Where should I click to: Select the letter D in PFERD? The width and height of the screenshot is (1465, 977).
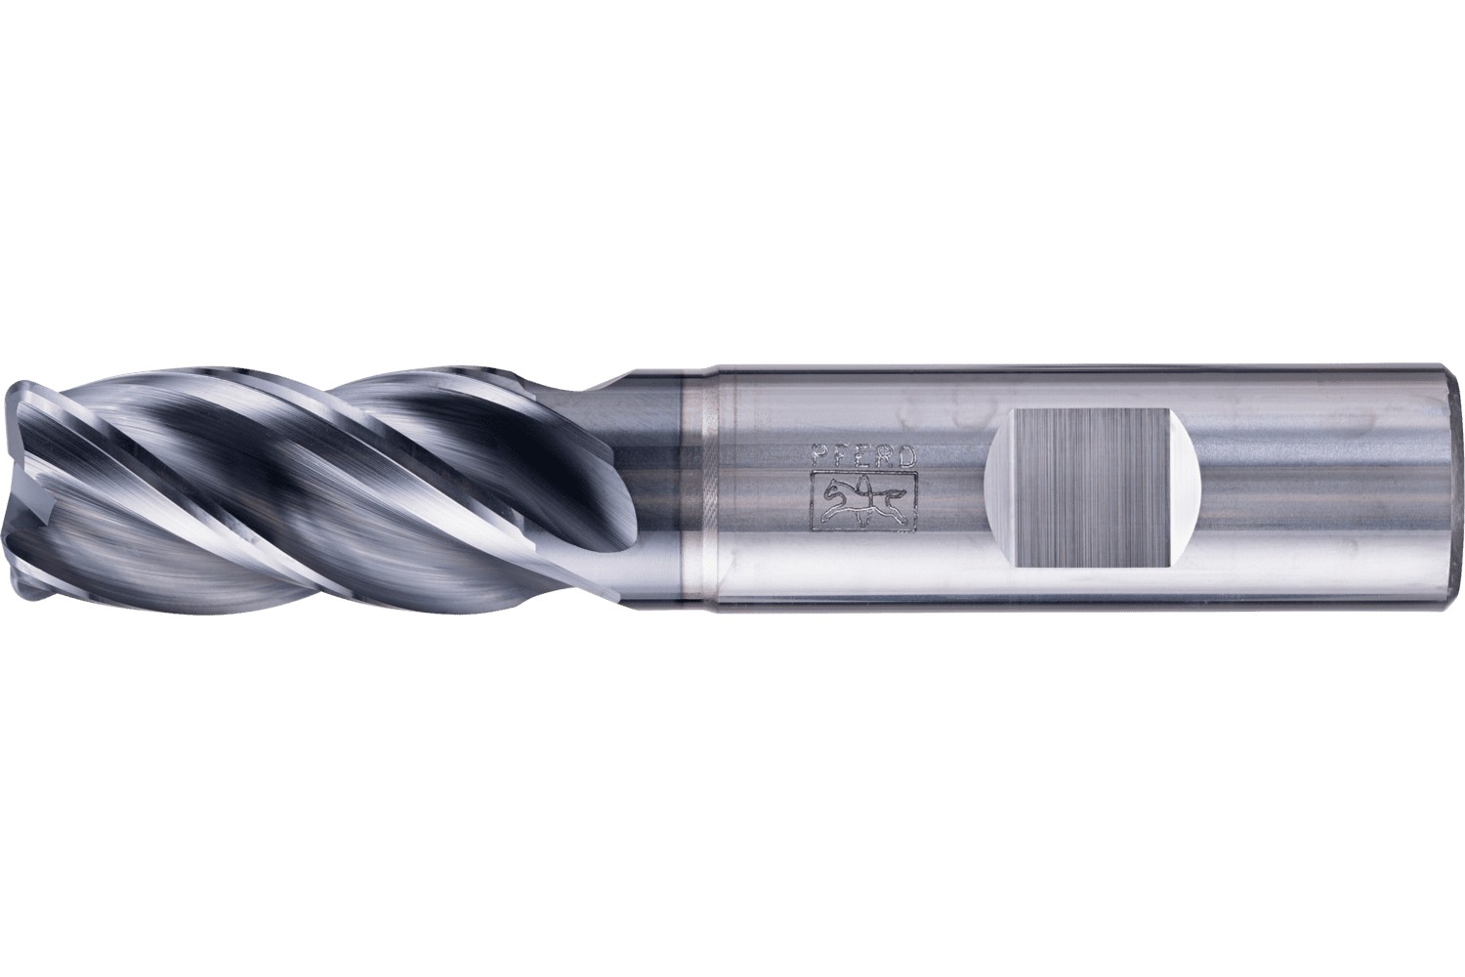point(906,455)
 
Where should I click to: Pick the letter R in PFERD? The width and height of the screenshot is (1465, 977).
point(886,455)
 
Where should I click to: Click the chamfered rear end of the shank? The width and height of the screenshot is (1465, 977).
point(1455,488)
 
